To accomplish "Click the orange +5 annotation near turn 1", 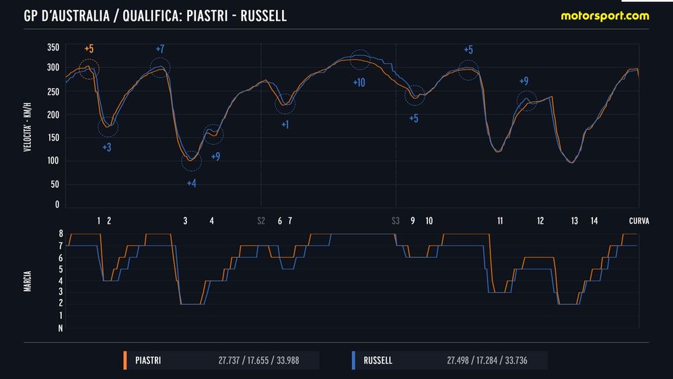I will click(x=90, y=48).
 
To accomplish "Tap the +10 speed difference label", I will click(x=359, y=83).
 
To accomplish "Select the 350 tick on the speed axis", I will click(x=53, y=48).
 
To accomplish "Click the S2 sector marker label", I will click(x=261, y=220).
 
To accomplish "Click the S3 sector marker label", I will click(x=396, y=220).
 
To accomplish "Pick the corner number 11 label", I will click(x=500, y=220).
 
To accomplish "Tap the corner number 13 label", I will click(x=574, y=220).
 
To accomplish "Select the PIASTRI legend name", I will click(x=148, y=361).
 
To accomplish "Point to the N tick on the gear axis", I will click(x=61, y=329).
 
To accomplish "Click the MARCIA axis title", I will click(x=28, y=280).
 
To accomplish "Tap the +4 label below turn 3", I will click(x=191, y=183).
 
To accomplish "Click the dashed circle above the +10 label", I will click(x=360, y=59).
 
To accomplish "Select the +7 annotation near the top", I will click(x=160, y=49).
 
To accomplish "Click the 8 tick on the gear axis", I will click(x=61, y=234).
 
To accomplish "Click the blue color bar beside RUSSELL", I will click(x=353, y=361).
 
